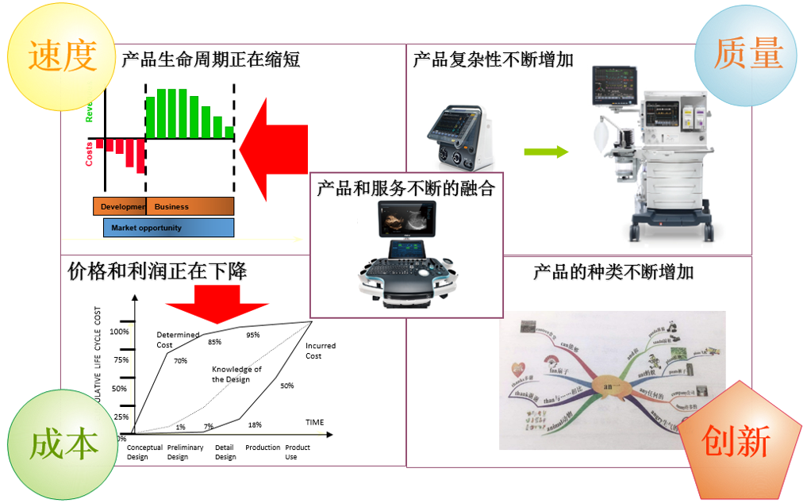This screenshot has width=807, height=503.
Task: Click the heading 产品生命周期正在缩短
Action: coord(211,60)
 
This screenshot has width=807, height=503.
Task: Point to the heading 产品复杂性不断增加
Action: coord(493,60)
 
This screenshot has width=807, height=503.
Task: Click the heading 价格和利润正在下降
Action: coord(157,271)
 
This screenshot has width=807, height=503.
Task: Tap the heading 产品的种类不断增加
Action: coord(613,272)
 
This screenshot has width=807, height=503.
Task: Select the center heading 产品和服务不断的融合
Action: coord(405,188)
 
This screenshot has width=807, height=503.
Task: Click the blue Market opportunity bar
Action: coord(168,228)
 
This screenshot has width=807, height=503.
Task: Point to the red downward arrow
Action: coord(216,304)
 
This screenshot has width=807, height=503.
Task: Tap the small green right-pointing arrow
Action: coord(546,152)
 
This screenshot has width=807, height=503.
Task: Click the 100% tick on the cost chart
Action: coord(119,331)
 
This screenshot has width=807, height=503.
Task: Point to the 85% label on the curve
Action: coord(214,342)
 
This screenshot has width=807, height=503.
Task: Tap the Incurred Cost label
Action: coord(320,351)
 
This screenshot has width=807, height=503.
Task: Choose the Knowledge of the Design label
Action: coord(236,374)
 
